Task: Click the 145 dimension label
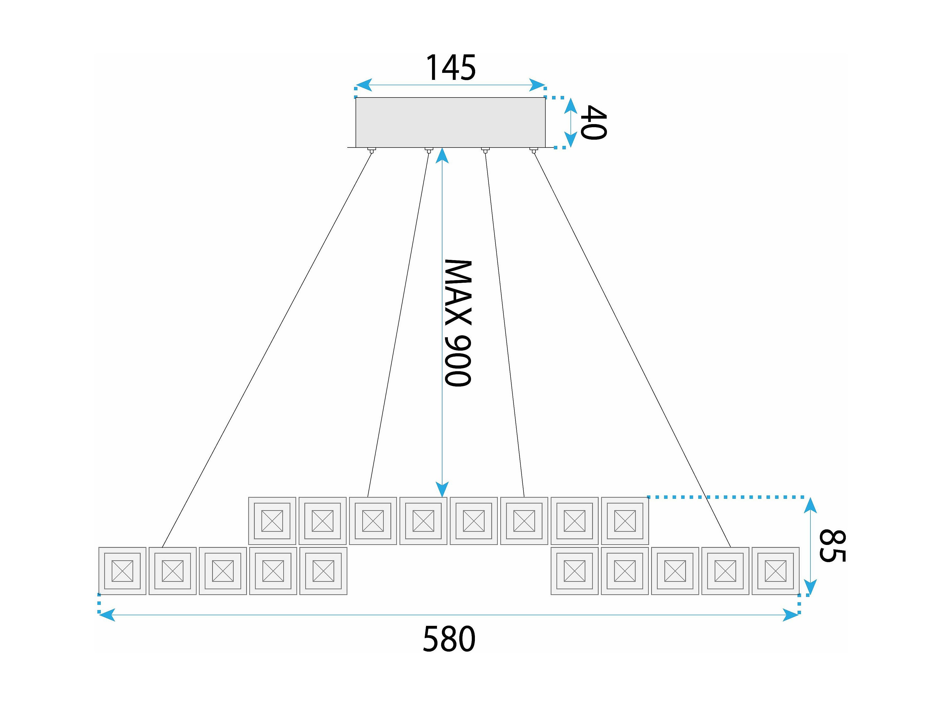click(x=450, y=67)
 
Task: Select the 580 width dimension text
click(x=449, y=639)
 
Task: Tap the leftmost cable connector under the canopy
click(x=371, y=150)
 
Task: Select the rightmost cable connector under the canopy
click(x=533, y=150)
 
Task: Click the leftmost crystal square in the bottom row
click(x=122, y=571)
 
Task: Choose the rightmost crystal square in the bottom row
click(x=775, y=571)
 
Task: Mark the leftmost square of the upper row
click(x=272, y=521)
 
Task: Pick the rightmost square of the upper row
click(x=625, y=521)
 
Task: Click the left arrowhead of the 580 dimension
click(x=107, y=615)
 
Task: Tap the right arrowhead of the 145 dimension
click(x=538, y=85)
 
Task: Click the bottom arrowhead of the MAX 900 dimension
click(x=442, y=489)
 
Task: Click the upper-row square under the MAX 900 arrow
click(x=423, y=521)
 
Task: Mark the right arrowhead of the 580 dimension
click(x=790, y=615)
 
